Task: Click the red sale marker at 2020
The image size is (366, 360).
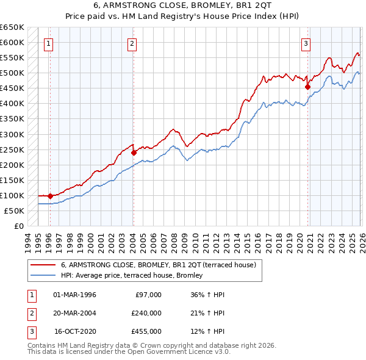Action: pyautogui.click(x=307, y=87)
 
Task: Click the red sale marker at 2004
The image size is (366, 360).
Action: pyautogui.click(x=134, y=153)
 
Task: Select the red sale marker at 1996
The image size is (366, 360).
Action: pyautogui.click(x=50, y=196)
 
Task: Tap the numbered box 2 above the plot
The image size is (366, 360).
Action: pyautogui.click(x=132, y=43)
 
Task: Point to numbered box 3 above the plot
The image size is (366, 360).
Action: pyautogui.click(x=306, y=43)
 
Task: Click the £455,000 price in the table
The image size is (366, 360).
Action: pyautogui.click(x=146, y=331)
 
